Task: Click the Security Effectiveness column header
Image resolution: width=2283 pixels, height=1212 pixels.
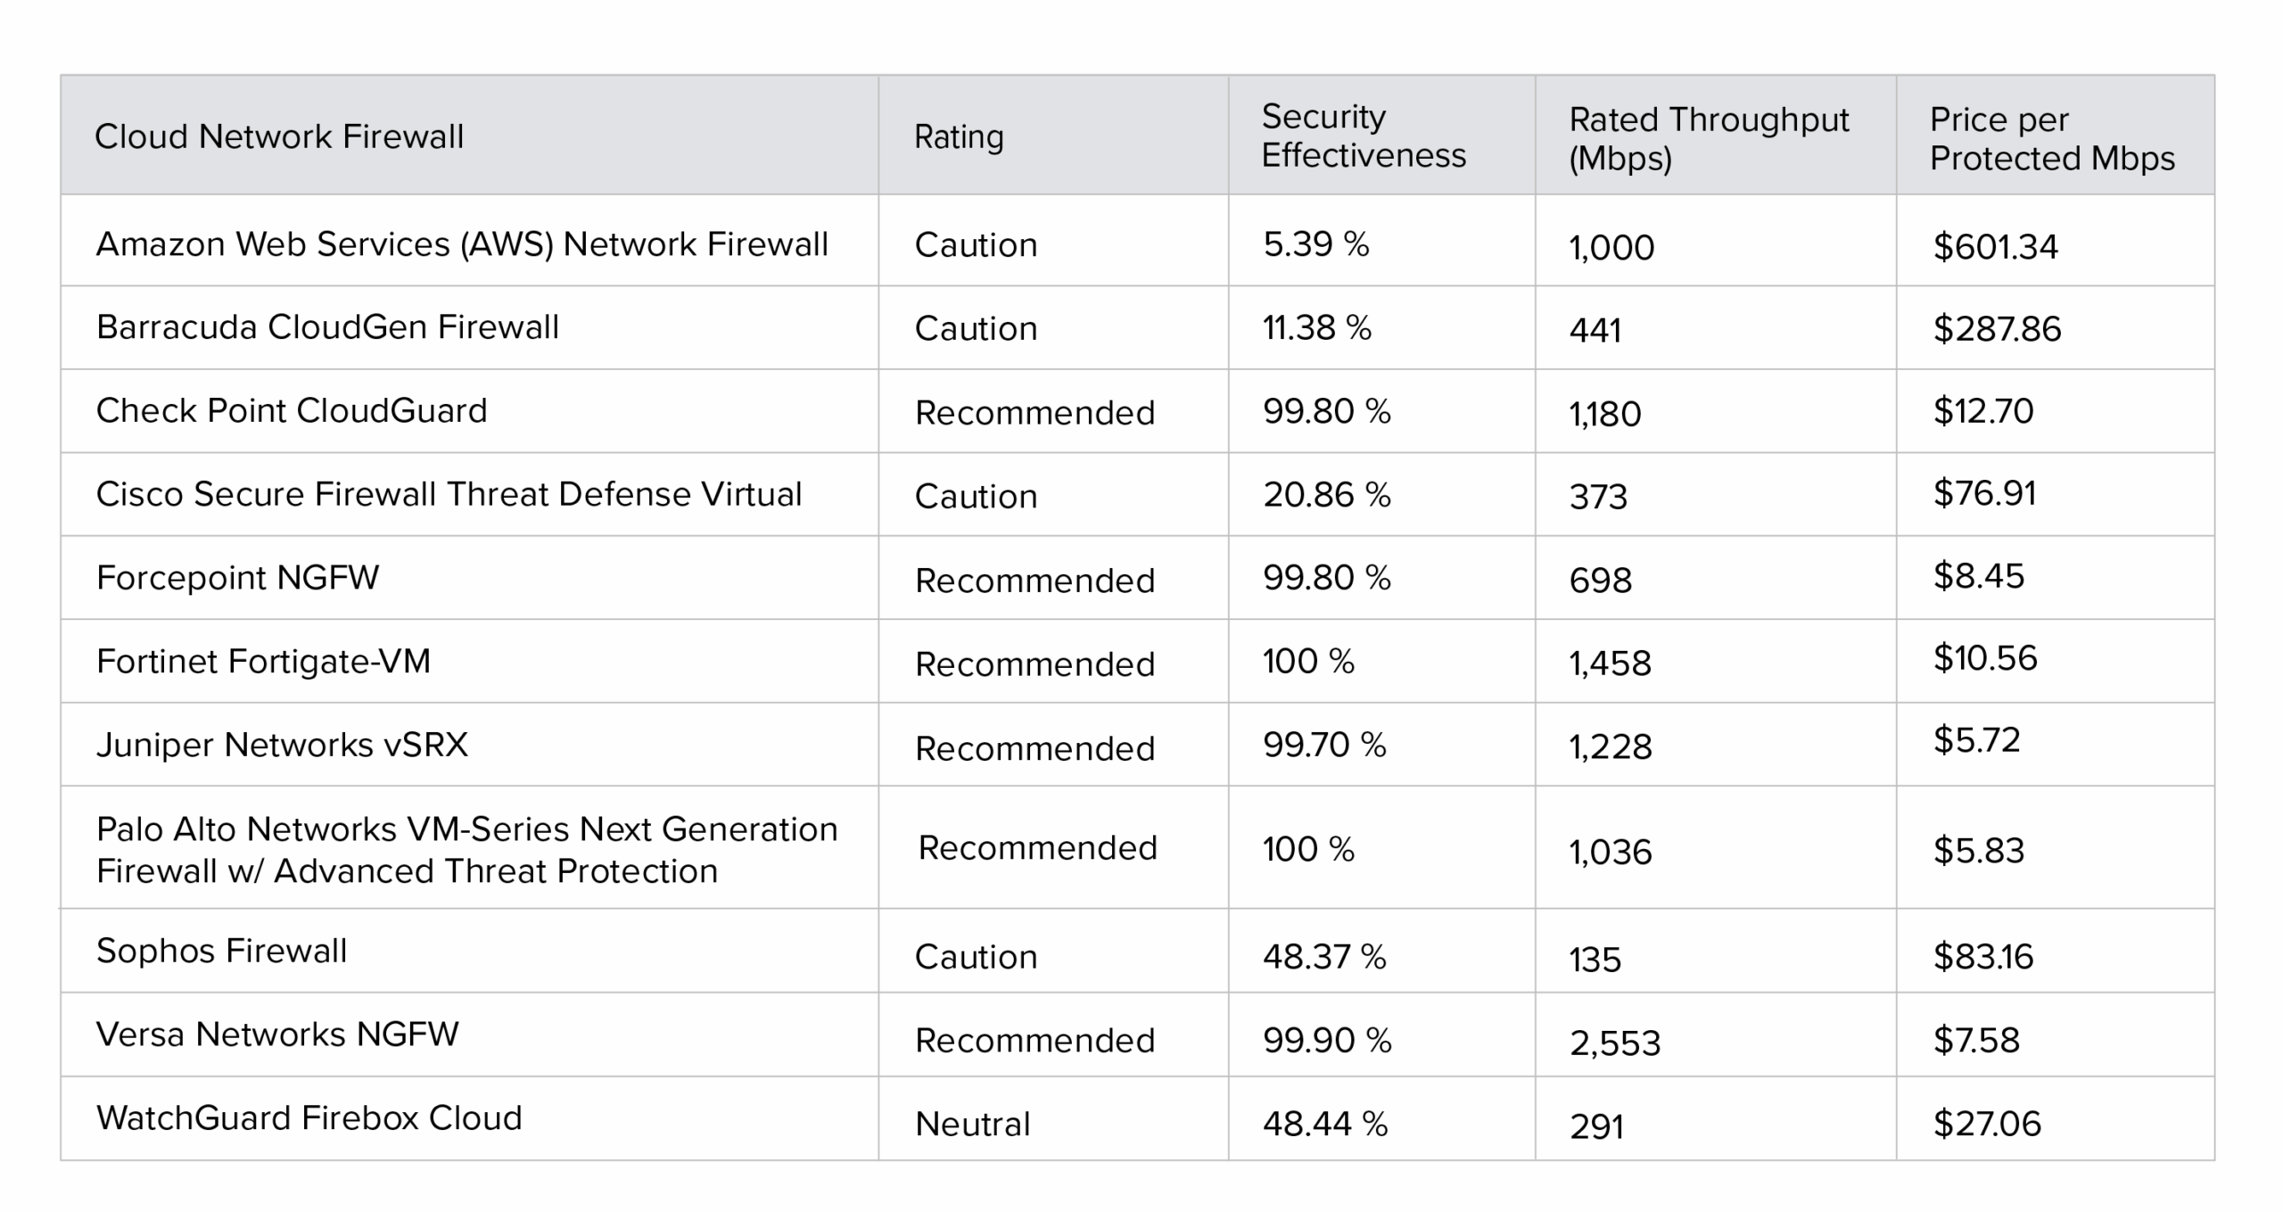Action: click(1363, 136)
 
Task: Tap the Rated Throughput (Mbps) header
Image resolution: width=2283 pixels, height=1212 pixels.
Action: click(1708, 138)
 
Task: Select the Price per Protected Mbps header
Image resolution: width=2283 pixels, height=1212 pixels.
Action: click(2051, 138)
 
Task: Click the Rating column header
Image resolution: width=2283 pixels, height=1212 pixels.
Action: click(959, 136)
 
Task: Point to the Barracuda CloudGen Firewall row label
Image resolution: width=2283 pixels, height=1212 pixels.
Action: click(327, 327)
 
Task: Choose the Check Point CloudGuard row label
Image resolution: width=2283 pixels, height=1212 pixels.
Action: click(292, 411)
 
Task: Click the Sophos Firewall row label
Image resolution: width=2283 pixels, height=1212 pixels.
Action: click(221, 951)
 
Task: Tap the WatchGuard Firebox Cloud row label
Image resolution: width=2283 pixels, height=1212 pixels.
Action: click(309, 1118)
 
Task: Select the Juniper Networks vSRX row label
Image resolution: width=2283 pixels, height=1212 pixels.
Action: click(282, 745)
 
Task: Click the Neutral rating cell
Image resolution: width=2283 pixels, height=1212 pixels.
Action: click(972, 1124)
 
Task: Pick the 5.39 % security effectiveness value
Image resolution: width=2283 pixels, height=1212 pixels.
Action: click(1315, 244)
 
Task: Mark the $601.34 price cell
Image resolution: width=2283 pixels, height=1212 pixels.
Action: click(1995, 247)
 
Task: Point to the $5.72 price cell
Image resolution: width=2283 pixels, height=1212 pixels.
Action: click(1976, 740)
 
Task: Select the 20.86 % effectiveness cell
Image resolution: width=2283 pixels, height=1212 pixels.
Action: click(1326, 495)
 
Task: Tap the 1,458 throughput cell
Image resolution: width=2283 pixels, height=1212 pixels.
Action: click(1610, 664)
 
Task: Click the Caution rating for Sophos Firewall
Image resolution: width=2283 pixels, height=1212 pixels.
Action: click(976, 957)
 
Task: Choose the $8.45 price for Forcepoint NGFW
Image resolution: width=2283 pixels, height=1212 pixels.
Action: click(1978, 576)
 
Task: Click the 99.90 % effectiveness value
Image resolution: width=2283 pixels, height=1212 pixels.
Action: click(1326, 1041)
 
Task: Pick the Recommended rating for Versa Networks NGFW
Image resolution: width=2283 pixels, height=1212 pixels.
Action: click(1034, 1041)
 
